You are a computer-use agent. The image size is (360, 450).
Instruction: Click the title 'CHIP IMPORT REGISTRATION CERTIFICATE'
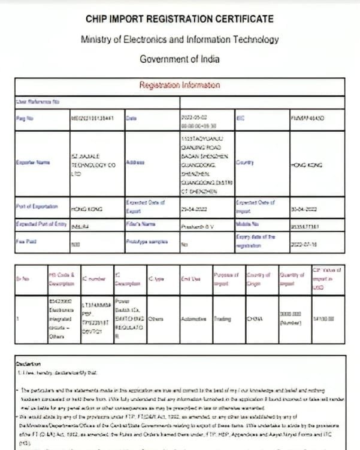point(180,19)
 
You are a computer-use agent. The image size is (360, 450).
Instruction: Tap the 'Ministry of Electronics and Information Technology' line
point(180,39)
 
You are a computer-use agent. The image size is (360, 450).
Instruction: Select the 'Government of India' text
point(180,59)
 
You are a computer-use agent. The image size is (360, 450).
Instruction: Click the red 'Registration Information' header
point(180,85)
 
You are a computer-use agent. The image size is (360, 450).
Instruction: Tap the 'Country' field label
point(246,162)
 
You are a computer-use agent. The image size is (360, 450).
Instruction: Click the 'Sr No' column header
point(25,279)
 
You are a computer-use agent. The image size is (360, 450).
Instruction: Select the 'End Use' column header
point(191,279)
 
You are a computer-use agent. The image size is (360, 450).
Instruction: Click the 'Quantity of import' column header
point(291,279)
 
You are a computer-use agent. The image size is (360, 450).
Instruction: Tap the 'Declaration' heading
point(29,363)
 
